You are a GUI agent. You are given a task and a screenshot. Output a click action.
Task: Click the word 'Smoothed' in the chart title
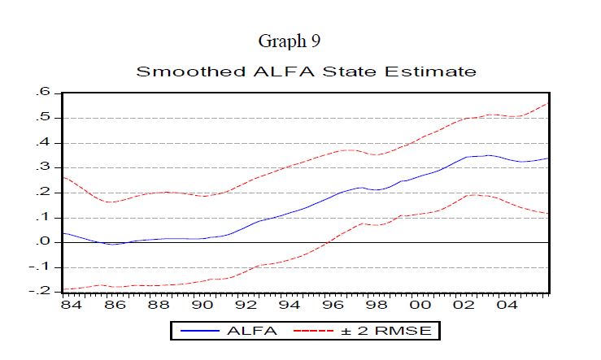pyautogui.click(x=174, y=72)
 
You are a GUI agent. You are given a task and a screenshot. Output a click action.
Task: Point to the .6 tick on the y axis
pyautogui.click(x=43, y=93)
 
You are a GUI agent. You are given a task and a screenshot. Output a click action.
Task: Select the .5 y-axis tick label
pyautogui.click(x=43, y=118)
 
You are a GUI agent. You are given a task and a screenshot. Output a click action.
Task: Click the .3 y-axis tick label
pyautogui.click(x=43, y=167)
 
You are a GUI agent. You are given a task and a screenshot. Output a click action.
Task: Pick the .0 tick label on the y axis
pyautogui.click(x=43, y=242)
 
